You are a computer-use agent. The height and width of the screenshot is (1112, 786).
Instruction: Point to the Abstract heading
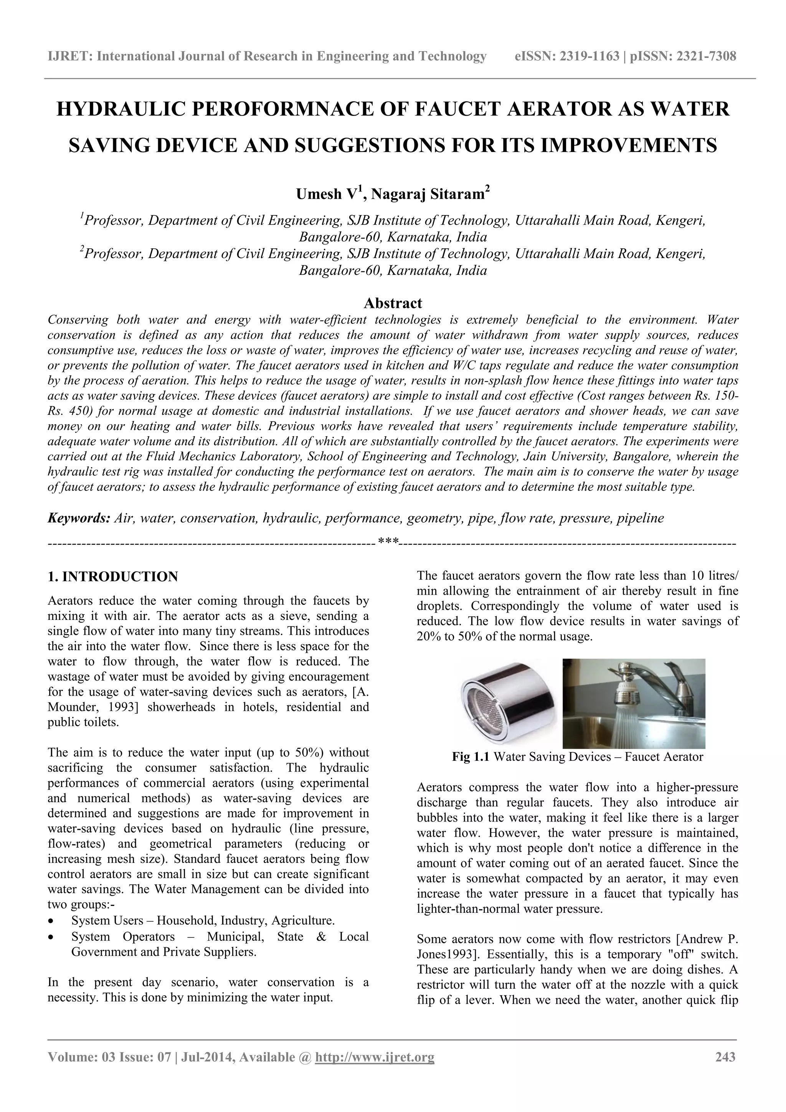tap(393, 303)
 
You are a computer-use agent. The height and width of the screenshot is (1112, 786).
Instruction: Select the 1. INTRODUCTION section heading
tap(113, 577)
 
